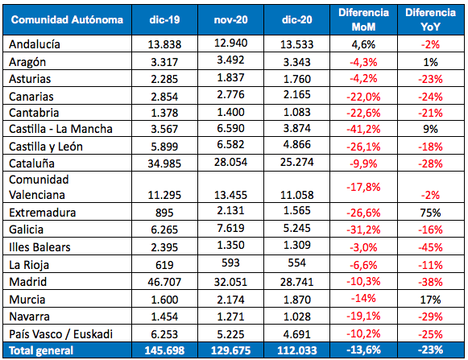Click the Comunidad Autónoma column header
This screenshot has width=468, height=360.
click(67, 19)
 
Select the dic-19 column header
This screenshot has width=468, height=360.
click(164, 19)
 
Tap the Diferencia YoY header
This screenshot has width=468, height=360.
click(430, 19)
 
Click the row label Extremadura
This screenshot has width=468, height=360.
click(43, 213)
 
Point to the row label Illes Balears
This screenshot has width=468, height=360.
click(39, 247)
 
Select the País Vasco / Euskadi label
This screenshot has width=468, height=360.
click(61, 334)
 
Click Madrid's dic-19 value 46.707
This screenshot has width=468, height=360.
click(164, 282)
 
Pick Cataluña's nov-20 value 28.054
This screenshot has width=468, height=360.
click(230, 162)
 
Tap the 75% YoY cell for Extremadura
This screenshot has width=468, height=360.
click(430, 213)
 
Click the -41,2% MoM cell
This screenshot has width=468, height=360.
click(363, 129)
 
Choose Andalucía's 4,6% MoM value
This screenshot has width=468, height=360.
click(363, 44)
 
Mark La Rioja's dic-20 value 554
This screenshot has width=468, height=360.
click(296, 263)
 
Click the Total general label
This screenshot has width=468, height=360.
click(41, 350)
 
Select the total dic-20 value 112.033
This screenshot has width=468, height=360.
click(297, 350)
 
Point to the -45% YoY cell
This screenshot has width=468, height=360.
click(430, 247)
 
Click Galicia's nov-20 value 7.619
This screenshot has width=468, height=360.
click(230, 229)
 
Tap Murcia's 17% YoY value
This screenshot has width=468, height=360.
click(430, 300)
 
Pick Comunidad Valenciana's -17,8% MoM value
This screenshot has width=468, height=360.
click(363, 187)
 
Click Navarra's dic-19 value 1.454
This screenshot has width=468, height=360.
click(164, 317)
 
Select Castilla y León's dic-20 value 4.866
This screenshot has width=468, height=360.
click(297, 144)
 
